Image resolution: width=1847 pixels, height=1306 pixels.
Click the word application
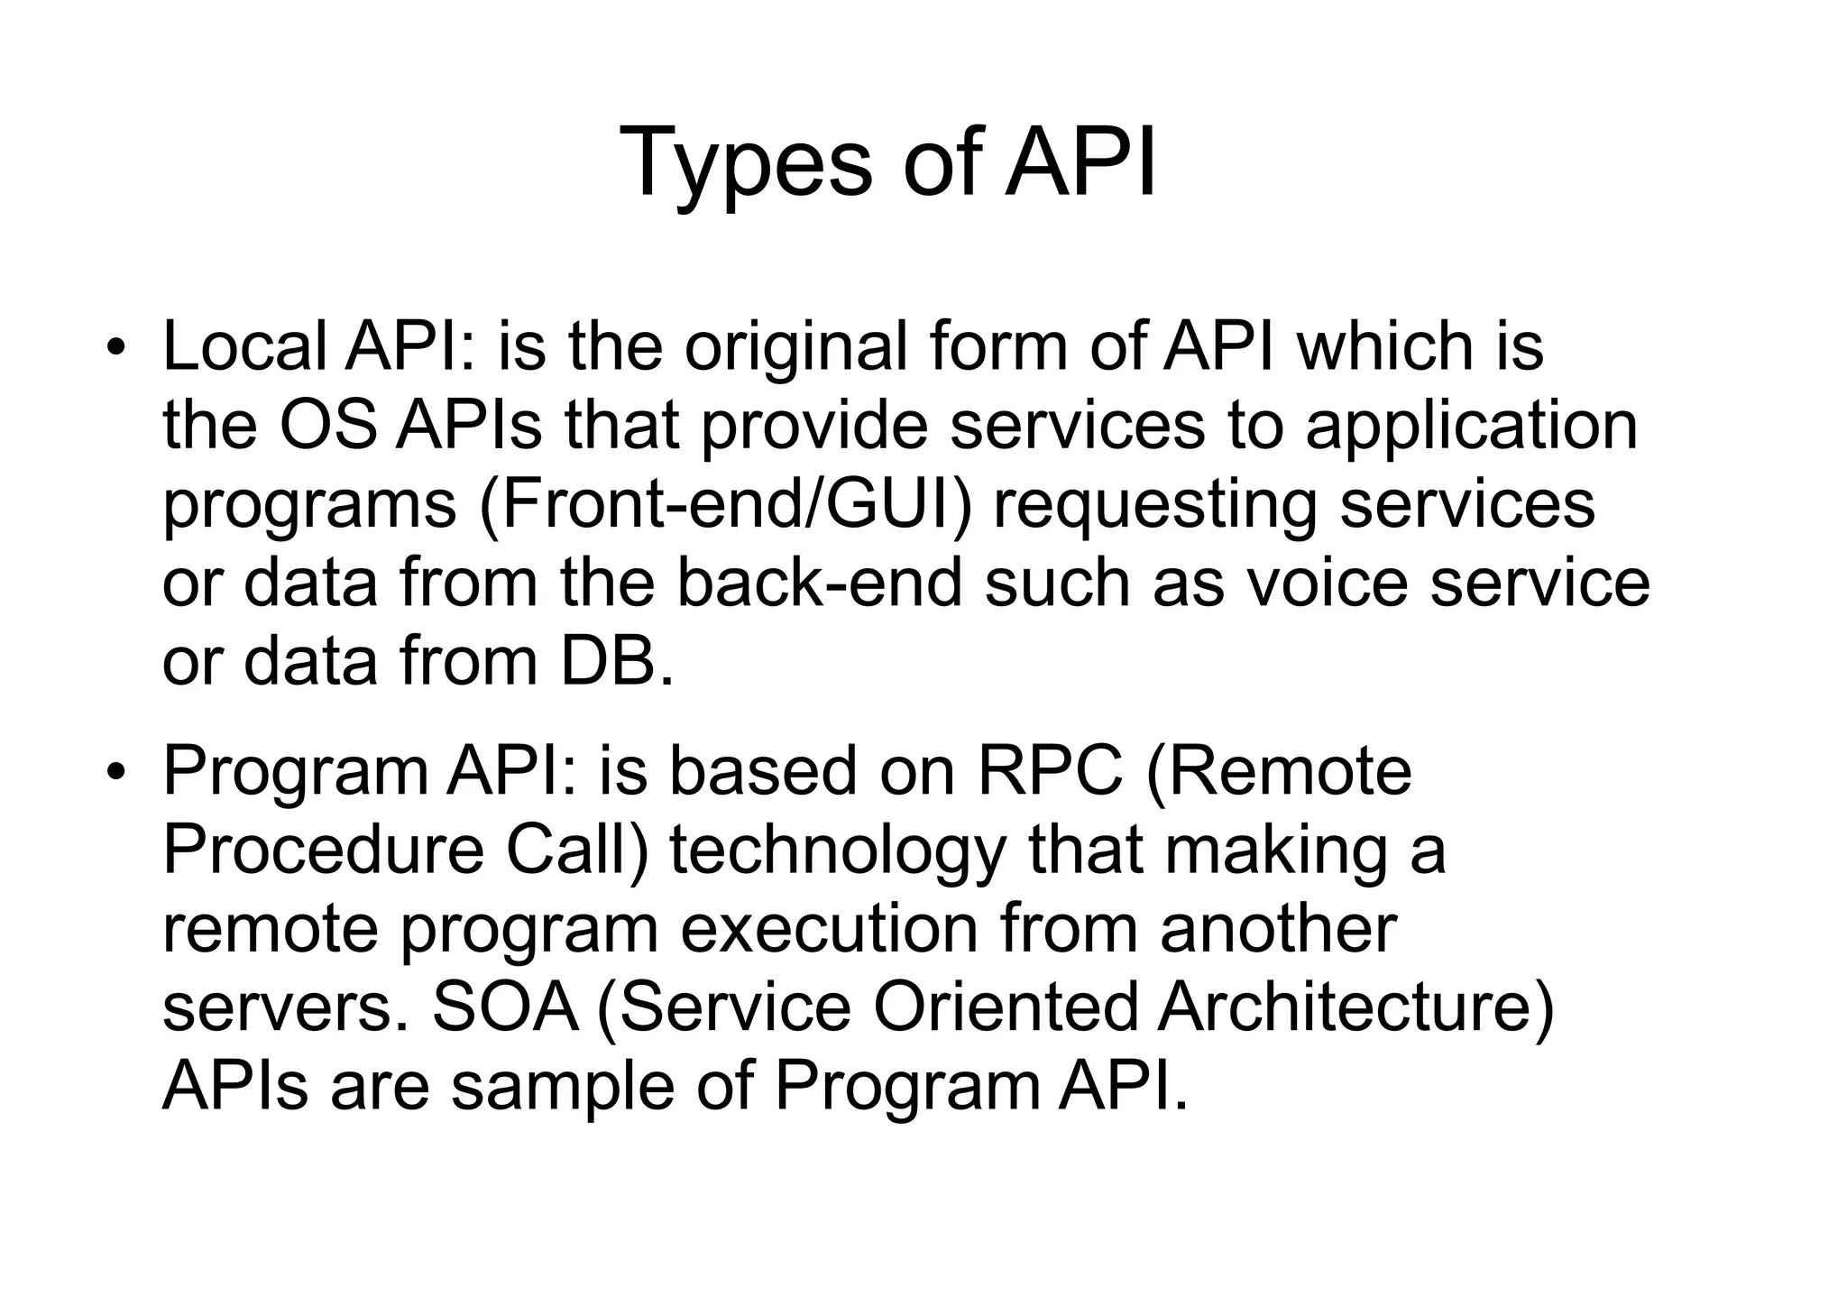pyautogui.click(x=1471, y=427)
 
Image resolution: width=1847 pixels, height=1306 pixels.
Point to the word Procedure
pyautogui.click(x=324, y=850)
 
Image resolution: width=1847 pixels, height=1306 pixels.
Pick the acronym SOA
pyautogui.click(x=505, y=1007)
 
